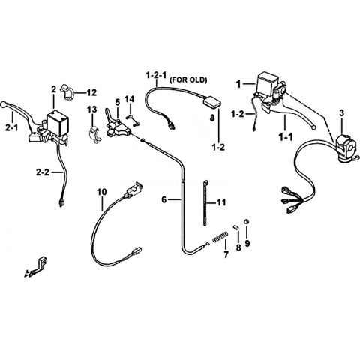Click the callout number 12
(x=91, y=93)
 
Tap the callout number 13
(x=91, y=109)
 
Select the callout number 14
(x=130, y=99)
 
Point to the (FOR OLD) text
(x=188, y=79)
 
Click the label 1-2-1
(x=156, y=75)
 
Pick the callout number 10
(x=102, y=192)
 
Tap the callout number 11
(x=221, y=202)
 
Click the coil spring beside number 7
(x=220, y=236)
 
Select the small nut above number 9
(x=247, y=221)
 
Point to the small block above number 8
(x=236, y=227)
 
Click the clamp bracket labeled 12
(x=67, y=92)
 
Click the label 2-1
(x=12, y=128)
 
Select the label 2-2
(x=43, y=172)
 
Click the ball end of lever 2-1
(x=4, y=103)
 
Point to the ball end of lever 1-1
(x=313, y=127)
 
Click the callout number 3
(x=341, y=113)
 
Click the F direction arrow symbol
(x=36, y=267)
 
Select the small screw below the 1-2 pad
(x=212, y=117)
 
